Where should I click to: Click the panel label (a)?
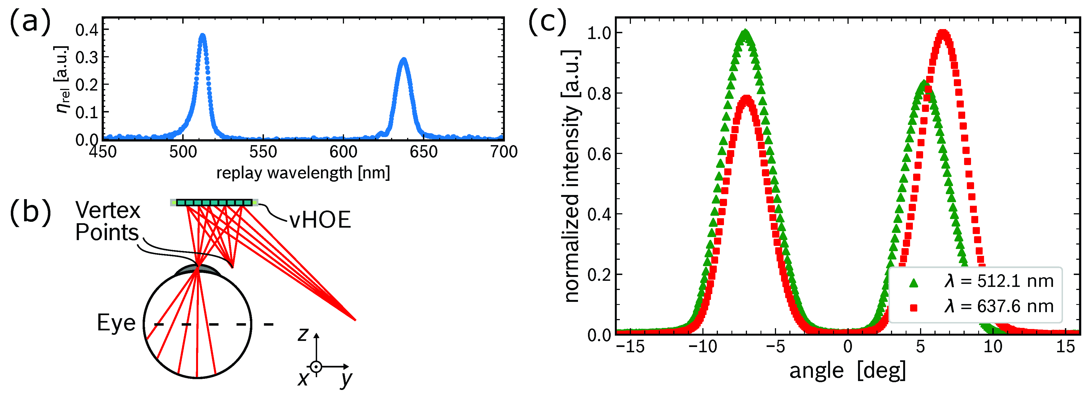click(30, 22)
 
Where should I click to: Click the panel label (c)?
click(548, 22)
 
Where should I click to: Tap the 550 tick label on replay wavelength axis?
click(263, 152)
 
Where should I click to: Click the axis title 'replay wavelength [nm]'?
click(303, 173)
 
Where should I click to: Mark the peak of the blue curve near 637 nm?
click(404, 60)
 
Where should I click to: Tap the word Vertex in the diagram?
click(108, 210)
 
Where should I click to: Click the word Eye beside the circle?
click(116, 323)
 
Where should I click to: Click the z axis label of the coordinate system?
click(303, 335)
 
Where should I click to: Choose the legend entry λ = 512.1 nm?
click(998, 281)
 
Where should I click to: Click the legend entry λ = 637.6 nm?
click(998, 306)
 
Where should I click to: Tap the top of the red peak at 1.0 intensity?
click(943, 32)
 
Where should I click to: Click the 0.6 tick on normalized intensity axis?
click(599, 153)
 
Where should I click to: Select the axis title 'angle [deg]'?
click(847, 371)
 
